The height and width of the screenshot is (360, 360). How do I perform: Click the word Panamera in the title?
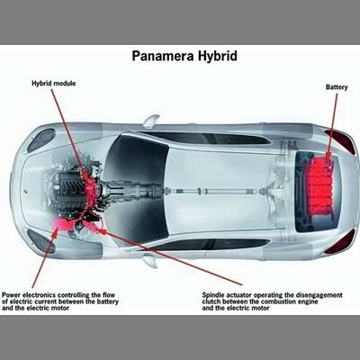[x=163, y=56]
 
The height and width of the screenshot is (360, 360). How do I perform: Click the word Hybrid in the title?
[x=218, y=56]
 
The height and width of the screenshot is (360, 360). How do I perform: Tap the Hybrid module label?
[x=54, y=84]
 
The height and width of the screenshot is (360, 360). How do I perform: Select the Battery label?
[x=337, y=87]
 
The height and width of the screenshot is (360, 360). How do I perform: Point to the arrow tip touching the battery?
[x=328, y=159]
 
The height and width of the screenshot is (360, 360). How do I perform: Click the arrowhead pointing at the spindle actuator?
[x=102, y=231]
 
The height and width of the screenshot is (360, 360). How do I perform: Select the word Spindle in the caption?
[x=212, y=295]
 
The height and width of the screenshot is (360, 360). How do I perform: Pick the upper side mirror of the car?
[x=151, y=121]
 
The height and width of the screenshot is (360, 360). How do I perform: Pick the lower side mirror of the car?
[x=150, y=260]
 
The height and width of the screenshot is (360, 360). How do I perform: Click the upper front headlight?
[x=41, y=139]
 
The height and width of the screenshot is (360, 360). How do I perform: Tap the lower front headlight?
[x=41, y=241]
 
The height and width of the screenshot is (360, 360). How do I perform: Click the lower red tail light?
[x=341, y=241]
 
